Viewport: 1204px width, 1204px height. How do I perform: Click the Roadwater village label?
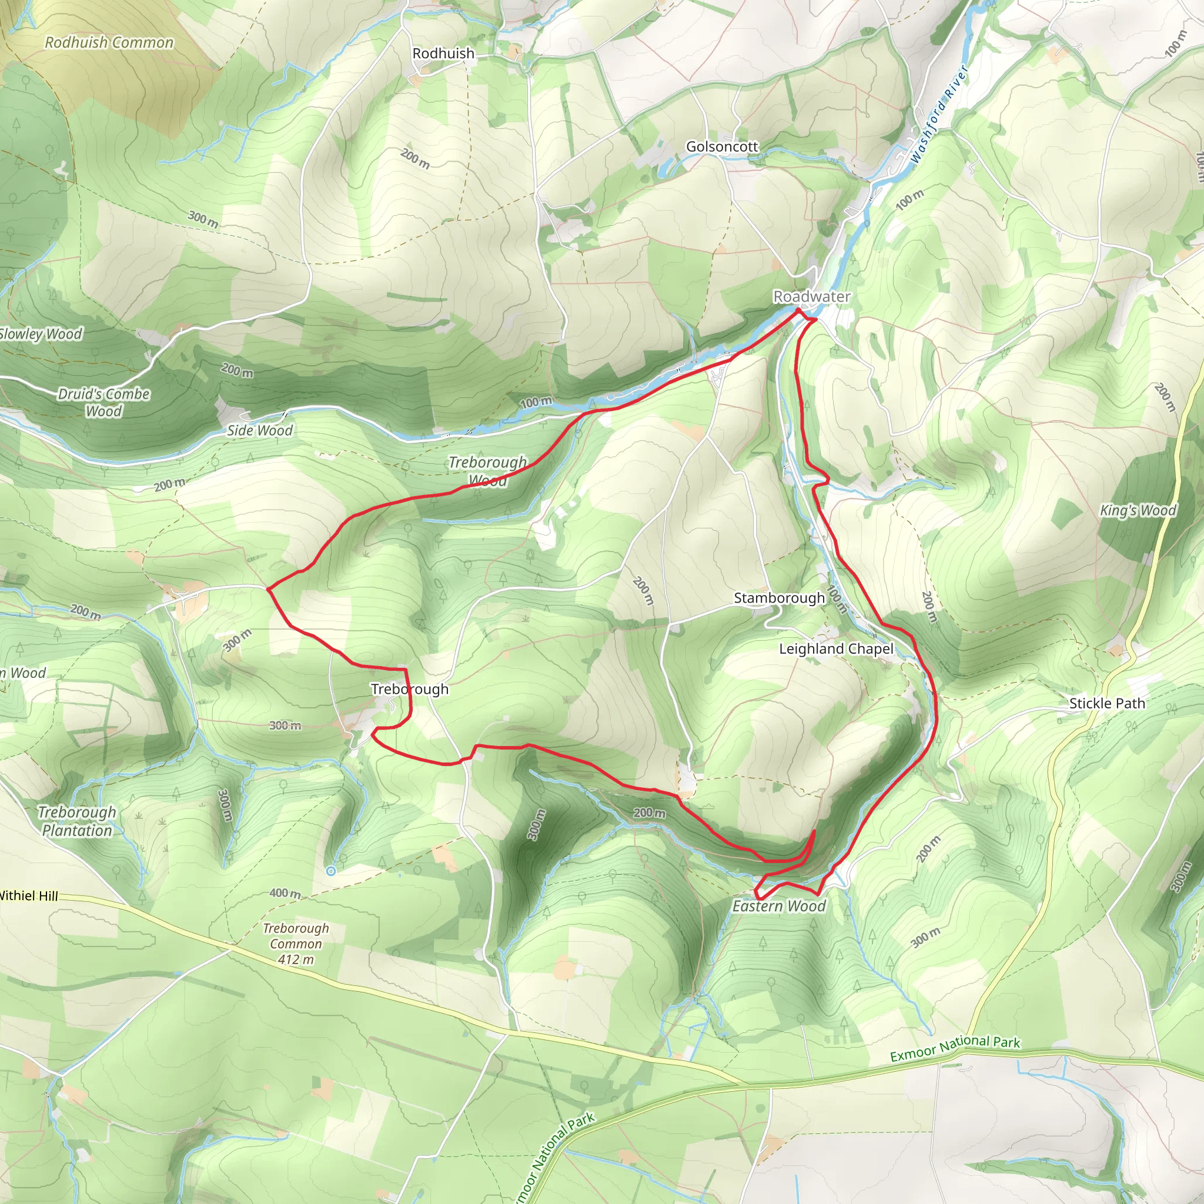811,297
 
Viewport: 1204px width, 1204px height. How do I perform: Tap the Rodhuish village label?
443,53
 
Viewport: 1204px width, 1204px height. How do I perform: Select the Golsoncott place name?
722,146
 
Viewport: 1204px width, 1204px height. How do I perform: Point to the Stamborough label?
779,598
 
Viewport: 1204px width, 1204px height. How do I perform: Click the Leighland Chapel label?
836,649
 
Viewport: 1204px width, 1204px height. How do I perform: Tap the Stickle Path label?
1107,703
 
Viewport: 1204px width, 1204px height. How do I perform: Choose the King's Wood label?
1138,510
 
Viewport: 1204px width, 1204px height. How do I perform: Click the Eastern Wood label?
778,906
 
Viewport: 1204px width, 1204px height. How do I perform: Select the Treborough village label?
409,688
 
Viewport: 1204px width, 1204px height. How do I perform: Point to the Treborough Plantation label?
76,821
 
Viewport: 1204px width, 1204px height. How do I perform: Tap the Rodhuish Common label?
109,42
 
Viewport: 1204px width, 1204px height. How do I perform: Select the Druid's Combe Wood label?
103,402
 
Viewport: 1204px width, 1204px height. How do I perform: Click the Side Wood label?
259,430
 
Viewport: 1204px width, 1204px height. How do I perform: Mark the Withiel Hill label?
28,895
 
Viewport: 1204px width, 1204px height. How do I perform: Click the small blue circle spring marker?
331,871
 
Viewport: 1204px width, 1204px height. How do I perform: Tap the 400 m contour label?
285,893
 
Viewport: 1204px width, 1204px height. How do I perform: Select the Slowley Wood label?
41,333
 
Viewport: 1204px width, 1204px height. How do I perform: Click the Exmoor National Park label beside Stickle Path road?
955,1048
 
